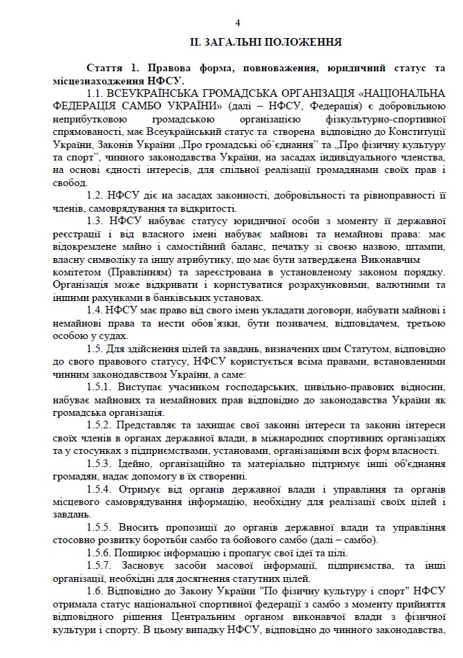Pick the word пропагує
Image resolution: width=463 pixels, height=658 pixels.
[221, 552]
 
